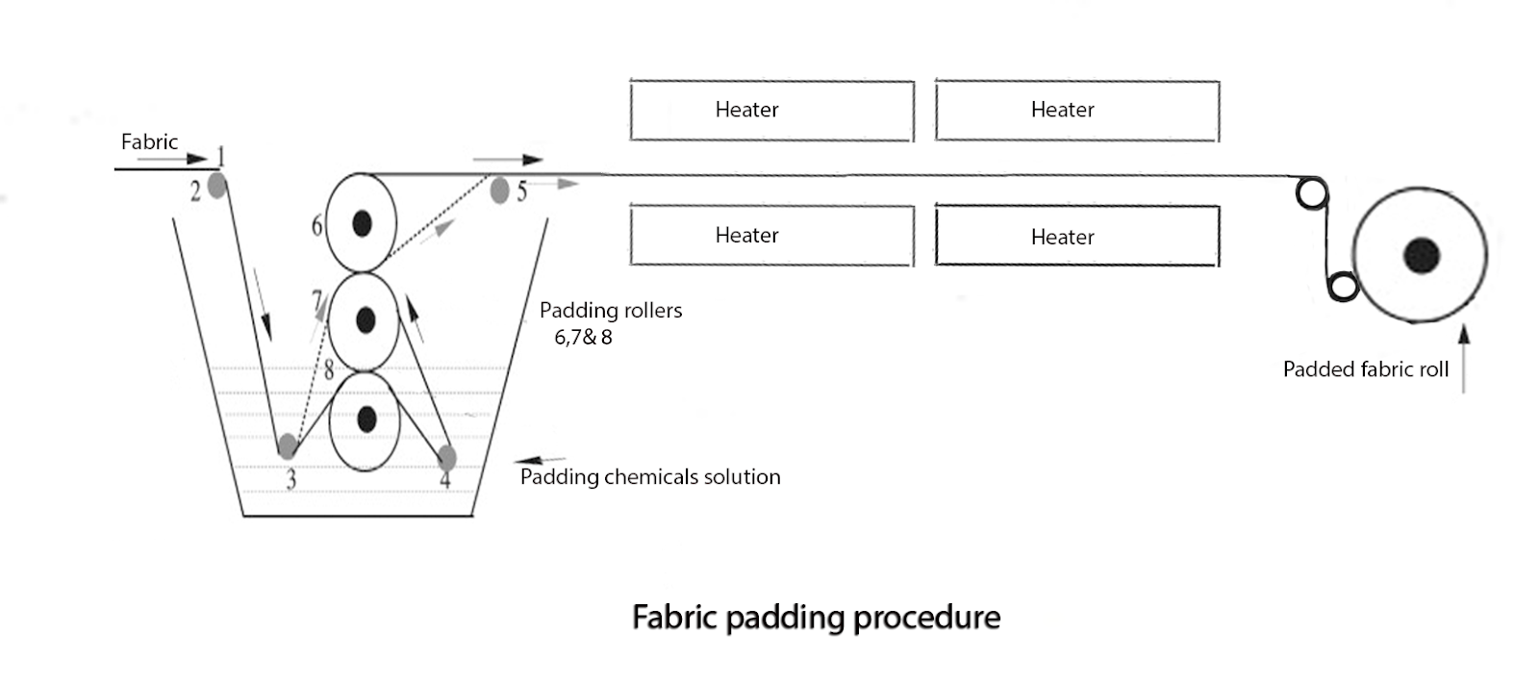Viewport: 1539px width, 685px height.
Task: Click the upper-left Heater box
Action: click(x=771, y=111)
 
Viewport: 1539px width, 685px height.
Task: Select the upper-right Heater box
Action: click(x=1076, y=111)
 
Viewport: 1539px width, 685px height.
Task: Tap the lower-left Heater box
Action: click(x=771, y=236)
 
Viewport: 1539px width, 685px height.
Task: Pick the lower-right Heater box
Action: click(x=1076, y=236)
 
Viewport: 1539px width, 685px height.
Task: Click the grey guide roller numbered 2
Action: click(x=217, y=185)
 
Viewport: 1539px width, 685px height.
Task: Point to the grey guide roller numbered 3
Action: click(x=287, y=446)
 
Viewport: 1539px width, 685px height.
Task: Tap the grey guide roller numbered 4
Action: click(x=446, y=457)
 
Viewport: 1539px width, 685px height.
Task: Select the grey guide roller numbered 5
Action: click(x=499, y=190)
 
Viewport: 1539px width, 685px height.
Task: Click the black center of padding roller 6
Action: click(x=362, y=223)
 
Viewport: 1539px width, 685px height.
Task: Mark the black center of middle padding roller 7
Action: click(x=365, y=319)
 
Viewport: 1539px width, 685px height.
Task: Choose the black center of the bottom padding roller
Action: click(x=366, y=419)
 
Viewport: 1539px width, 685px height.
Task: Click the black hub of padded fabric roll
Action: click(x=1421, y=256)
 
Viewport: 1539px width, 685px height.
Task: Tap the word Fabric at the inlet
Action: click(x=149, y=141)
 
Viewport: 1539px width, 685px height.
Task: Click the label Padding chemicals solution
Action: click(x=650, y=477)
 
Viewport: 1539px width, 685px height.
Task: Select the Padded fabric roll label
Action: click(x=1365, y=369)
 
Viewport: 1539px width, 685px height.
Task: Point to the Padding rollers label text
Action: click(x=610, y=311)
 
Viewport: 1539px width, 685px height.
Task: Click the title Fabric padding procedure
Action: click(x=816, y=617)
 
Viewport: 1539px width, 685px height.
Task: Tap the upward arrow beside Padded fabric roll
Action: click(x=1464, y=359)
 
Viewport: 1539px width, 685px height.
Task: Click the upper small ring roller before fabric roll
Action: click(x=1310, y=192)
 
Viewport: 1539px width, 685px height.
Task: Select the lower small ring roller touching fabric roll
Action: click(x=1343, y=286)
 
